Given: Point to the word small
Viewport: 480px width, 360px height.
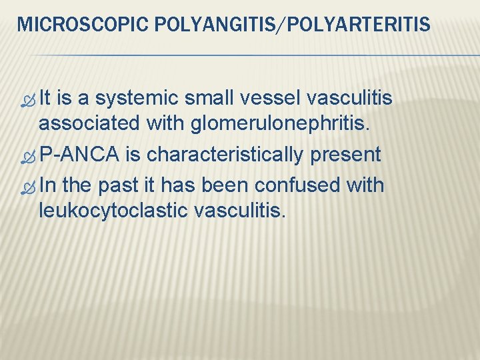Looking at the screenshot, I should click(x=204, y=99).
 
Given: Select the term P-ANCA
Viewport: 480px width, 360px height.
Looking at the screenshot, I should click(x=79, y=155).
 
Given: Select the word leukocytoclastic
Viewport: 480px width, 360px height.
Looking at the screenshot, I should click(x=113, y=211).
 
